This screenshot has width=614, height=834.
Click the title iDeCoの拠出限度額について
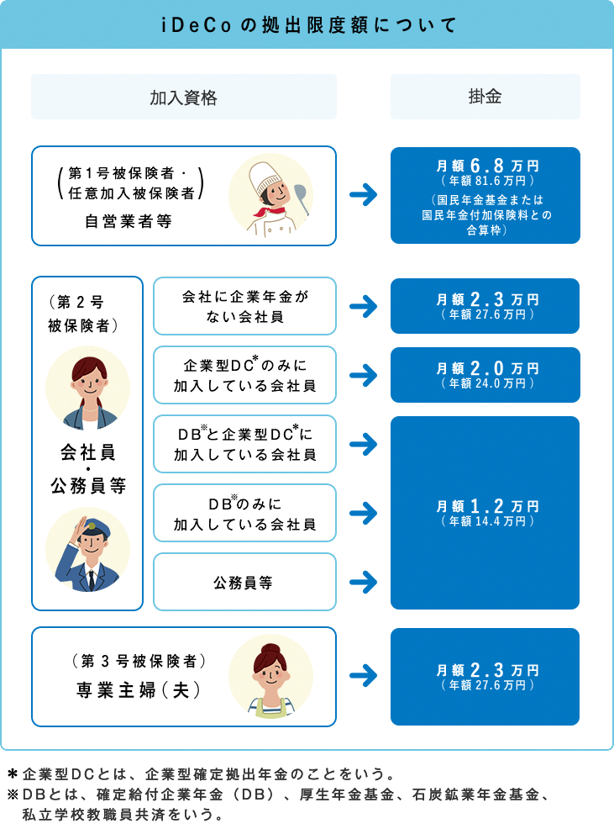[x=307, y=24]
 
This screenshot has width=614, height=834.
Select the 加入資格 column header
[x=183, y=97]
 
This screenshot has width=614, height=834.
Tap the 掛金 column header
[x=485, y=97]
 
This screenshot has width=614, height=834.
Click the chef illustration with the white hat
[x=270, y=195]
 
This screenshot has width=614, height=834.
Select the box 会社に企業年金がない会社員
[x=244, y=307]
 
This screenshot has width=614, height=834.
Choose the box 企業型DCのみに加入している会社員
[x=244, y=376]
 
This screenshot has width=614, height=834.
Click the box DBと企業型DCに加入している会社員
[x=244, y=444]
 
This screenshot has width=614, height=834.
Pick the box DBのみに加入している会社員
[x=244, y=513]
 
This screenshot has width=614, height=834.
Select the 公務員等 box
[x=244, y=581]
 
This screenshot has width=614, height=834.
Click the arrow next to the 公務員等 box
[x=363, y=581]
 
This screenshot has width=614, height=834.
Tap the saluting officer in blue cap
[x=87, y=549]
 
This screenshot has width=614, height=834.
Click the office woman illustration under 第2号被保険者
[x=87, y=388]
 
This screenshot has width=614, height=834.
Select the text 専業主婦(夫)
[x=139, y=690]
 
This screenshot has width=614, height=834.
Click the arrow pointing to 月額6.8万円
[x=363, y=195]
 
